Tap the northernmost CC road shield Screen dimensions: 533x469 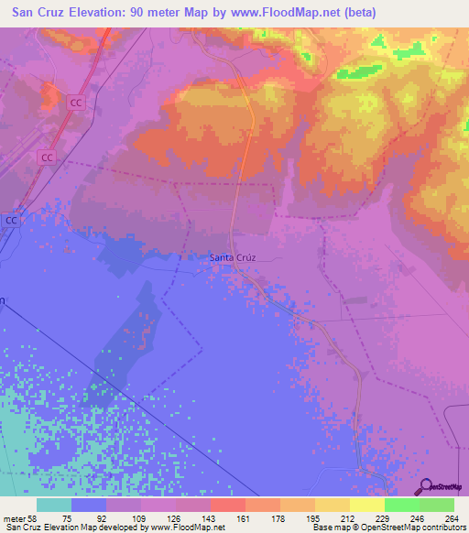tap(76, 103)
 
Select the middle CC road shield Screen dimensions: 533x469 tap(46, 158)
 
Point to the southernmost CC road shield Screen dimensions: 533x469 tap(11, 221)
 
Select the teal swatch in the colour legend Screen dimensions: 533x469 tap(54, 505)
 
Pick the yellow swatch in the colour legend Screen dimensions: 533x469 tap(366, 505)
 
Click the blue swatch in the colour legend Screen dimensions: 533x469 tap(89, 505)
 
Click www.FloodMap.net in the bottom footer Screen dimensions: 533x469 tap(182, 528)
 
